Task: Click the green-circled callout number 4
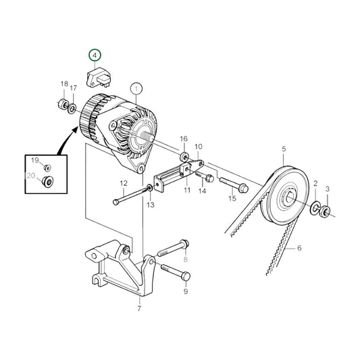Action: [x=95, y=55]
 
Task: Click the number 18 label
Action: [x=64, y=84]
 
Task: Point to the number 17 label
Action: [x=74, y=88]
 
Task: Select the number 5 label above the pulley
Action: [x=284, y=149]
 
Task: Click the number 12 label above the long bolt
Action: [x=124, y=184]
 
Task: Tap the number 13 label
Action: [x=150, y=205]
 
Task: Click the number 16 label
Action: [x=183, y=138]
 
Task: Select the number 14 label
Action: [x=201, y=192]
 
